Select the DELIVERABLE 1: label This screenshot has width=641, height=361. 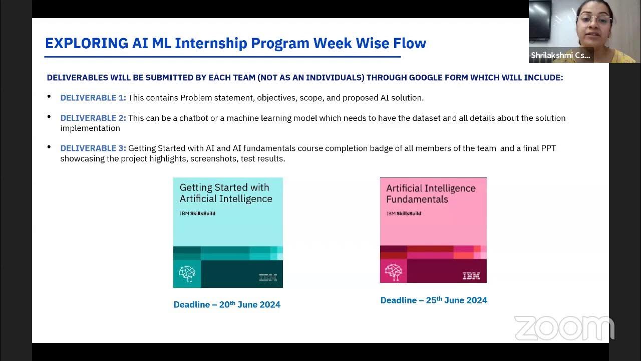93,98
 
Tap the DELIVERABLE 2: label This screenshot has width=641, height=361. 93,118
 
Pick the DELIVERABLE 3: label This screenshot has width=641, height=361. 93,148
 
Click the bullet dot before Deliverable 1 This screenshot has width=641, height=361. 49,96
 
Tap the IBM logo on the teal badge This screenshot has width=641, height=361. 268,277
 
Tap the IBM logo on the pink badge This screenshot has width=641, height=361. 471,275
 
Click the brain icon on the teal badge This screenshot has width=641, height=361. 187,274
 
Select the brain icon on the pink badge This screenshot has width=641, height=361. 393,271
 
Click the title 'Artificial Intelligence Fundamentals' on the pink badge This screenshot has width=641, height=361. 431,194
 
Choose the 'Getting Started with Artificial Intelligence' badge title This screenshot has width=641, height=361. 226,193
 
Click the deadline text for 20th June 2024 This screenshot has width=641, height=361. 227,304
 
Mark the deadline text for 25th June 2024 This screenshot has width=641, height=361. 434,300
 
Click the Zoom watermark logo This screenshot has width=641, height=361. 564,328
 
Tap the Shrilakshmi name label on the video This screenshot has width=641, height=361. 560,55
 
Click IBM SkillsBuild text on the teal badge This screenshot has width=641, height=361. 197,213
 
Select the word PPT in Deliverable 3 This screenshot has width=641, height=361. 548,148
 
